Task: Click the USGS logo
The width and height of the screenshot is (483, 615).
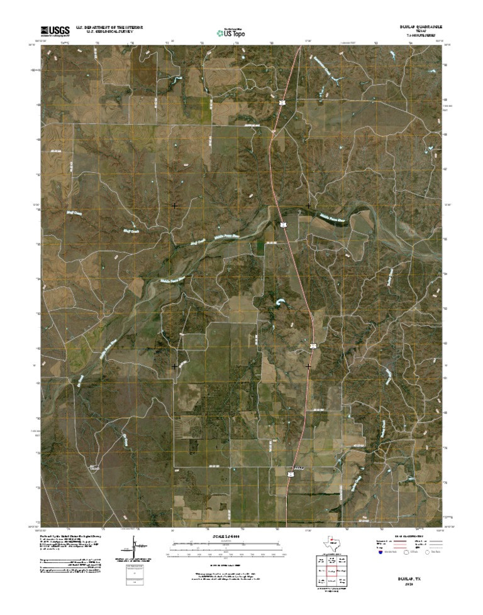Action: click(55, 30)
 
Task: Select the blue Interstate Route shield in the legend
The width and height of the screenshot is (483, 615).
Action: click(380, 553)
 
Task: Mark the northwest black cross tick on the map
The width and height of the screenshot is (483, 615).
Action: click(175, 205)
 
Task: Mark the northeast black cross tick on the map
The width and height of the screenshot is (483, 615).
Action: click(308, 205)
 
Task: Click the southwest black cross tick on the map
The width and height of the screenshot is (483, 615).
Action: click(175, 366)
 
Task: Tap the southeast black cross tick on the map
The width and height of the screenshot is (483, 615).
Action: click(308, 366)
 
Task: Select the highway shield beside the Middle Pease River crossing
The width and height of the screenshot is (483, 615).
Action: click(284, 224)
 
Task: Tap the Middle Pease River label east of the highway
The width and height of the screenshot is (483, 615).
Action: click(331, 219)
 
